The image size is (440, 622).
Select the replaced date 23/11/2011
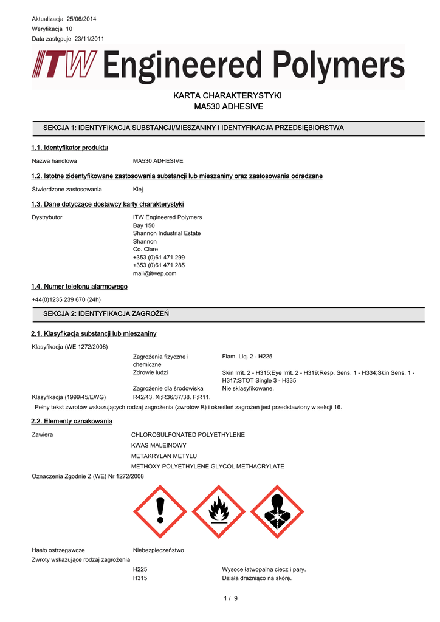(x=86, y=39)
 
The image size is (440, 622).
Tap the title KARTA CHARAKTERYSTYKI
(x=219, y=96)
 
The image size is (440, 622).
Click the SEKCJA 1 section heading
(x=193, y=128)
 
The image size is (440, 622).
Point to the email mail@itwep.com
(x=154, y=273)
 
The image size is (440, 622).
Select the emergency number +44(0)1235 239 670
(x=66, y=299)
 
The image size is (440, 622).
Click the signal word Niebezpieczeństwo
(x=158, y=550)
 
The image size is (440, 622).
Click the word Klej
(x=138, y=190)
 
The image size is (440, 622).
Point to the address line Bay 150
(x=144, y=225)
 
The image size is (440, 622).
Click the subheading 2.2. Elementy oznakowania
(x=71, y=421)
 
